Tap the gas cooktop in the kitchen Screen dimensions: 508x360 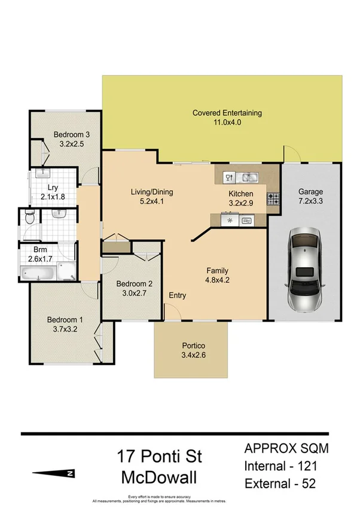point(273,198)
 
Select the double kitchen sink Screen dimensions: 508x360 point(248,178)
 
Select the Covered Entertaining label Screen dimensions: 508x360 point(227,112)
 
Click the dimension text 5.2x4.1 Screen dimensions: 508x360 point(152,201)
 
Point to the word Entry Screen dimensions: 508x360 point(178,295)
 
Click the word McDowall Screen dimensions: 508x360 point(160,478)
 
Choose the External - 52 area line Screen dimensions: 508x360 point(288,483)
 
